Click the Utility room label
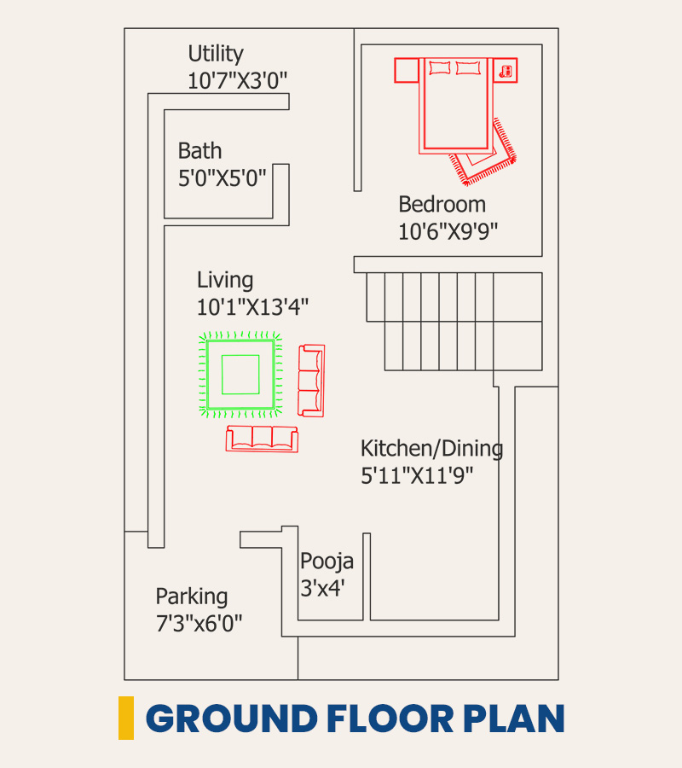pos(216,54)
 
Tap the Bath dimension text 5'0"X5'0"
pos(223,178)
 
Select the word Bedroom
pos(442,204)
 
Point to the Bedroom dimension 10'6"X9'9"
pos(448,231)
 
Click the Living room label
pos(225,281)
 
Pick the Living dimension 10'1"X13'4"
pos(252,307)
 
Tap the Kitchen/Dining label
pos(432,449)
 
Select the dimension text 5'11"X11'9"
pos(417,475)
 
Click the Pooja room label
pos(327,561)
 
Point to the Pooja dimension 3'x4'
pos(322,588)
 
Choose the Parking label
pos(192,597)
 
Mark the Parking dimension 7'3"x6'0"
pos(199,624)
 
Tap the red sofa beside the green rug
pos(312,381)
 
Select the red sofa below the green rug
pos(262,439)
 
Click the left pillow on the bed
pos(439,67)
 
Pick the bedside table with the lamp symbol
pos(505,71)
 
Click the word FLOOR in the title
pos(390,719)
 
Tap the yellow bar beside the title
pos(126,718)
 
